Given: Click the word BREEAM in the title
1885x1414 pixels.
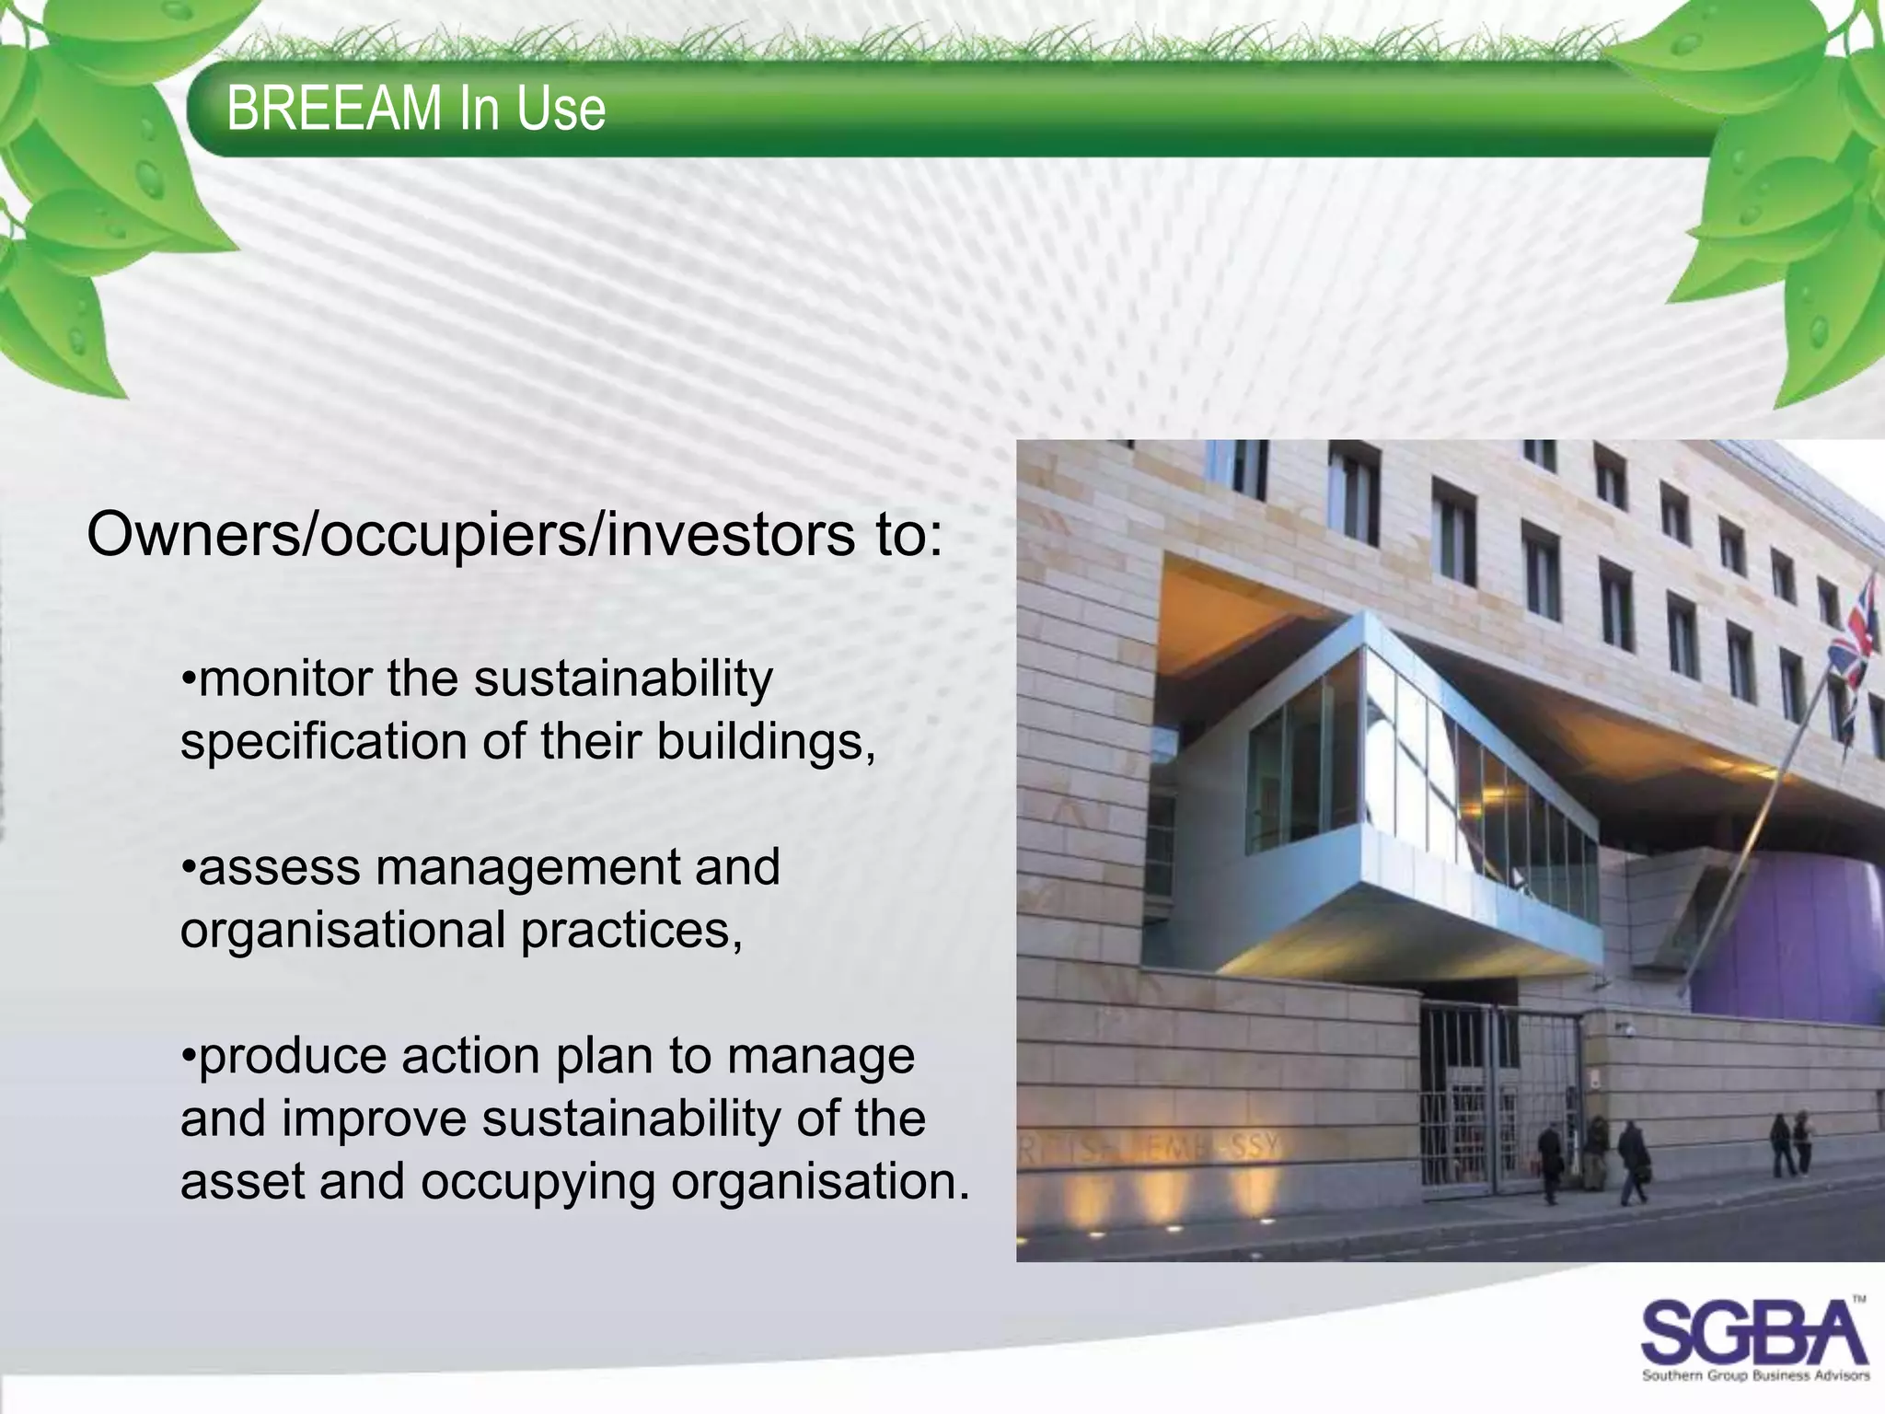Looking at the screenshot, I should pyautogui.click(x=334, y=109).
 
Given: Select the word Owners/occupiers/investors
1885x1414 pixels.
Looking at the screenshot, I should pyautogui.click(x=470, y=535).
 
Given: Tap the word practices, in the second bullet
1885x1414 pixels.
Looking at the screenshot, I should pyautogui.click(x=631, y=931).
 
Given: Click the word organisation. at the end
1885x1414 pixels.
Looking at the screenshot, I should pyautogui.click(x=820, y=1182).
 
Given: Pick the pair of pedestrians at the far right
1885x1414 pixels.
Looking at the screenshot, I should pyautogui.click(x=1790, y=1144).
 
